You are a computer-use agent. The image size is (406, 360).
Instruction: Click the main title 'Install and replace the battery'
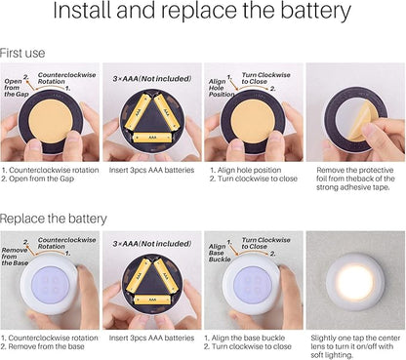pos(202,11)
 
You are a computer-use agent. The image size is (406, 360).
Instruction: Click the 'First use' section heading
pos(22,53)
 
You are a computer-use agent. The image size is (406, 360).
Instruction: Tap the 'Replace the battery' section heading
pos(53,219)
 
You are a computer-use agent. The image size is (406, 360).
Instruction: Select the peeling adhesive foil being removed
pos(364,121)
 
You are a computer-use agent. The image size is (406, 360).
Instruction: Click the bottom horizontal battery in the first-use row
pos(152,138)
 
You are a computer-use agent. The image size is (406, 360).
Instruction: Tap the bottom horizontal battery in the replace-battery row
pos(152,300)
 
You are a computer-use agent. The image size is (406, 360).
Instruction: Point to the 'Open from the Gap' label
pos(17,88)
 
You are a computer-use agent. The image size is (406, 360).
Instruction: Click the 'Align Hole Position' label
pos(222,88)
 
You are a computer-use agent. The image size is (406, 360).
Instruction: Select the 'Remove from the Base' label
pos(15,257)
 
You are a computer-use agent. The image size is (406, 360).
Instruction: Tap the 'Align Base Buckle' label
pos(220,253)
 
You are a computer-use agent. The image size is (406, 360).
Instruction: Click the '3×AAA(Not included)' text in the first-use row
pos(152,79)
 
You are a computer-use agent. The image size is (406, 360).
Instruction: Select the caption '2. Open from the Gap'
pos(38,179)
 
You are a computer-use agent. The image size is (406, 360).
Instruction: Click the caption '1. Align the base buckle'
pos(244,338)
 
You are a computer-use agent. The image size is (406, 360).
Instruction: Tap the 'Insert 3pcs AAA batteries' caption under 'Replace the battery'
pos(151,338)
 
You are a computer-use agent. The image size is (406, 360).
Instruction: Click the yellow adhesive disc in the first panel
pos(51,121)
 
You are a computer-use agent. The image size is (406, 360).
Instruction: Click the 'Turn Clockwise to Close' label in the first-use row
pos(265,78)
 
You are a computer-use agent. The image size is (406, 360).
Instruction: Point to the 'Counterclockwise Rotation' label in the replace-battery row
pos(66,243)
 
